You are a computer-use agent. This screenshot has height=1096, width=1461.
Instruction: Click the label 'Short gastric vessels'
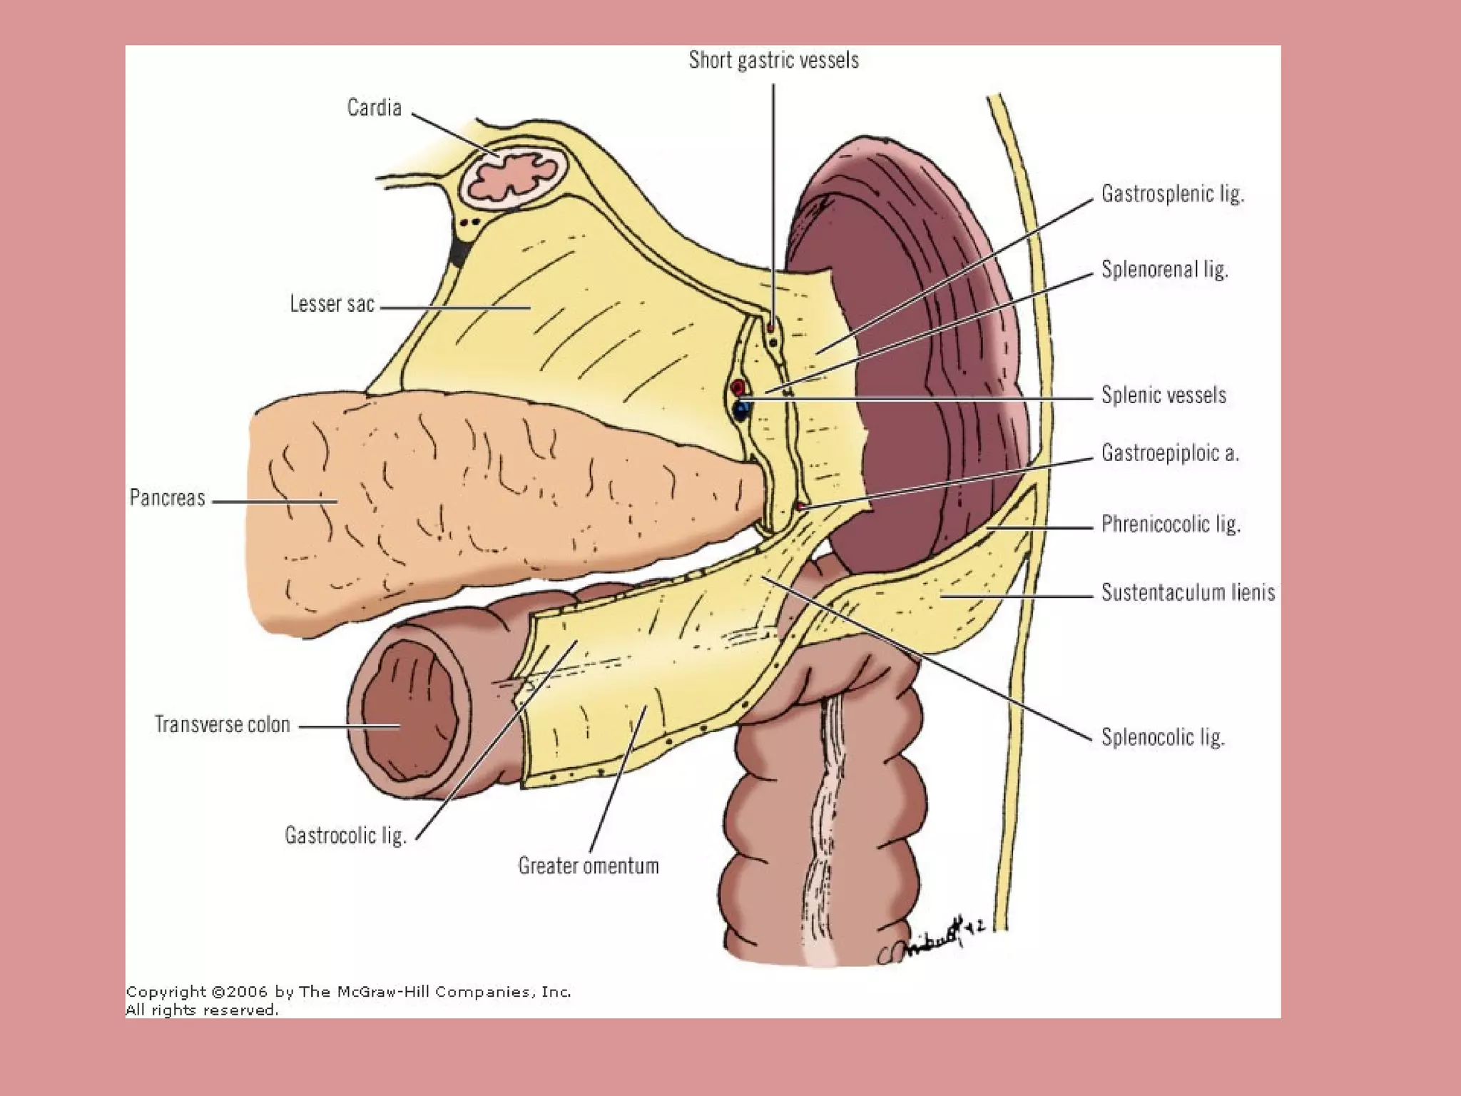point(773,61)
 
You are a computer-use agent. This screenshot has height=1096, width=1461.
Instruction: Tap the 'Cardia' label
point(375,108)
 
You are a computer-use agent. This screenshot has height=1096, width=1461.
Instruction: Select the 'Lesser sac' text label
point(332,304)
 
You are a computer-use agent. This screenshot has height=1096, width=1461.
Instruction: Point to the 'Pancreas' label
point(167,497)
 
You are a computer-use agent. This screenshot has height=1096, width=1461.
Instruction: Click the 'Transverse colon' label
point(223,724)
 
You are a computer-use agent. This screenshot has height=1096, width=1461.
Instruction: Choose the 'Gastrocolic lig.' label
point(346,835)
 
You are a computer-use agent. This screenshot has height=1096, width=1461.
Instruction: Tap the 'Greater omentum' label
point(589,866)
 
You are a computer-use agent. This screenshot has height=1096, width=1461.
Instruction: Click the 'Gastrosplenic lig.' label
point(1173,193)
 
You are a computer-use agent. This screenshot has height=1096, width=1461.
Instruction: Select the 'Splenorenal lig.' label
point(1164,269)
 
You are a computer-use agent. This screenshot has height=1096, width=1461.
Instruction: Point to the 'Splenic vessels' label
point(1164,395)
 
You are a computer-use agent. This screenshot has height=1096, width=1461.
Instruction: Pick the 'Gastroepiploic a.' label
point(1170,452)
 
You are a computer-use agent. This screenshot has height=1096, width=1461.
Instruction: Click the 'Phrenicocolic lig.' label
point(1171,524)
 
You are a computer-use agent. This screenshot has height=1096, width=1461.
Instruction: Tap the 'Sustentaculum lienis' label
point(1188,592)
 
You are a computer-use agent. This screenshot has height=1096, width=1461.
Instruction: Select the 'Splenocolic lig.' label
point(1163,736)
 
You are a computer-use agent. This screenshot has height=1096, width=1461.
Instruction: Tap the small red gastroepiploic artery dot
point(801,506)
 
